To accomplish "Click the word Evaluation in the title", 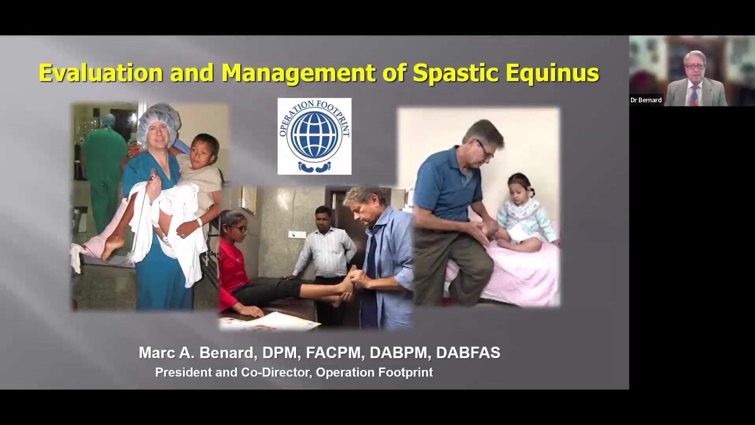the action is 101,73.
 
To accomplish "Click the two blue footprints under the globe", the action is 315,166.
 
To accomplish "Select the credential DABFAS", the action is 468,353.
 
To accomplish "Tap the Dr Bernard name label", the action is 646,100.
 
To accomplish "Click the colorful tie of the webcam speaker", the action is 694,95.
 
